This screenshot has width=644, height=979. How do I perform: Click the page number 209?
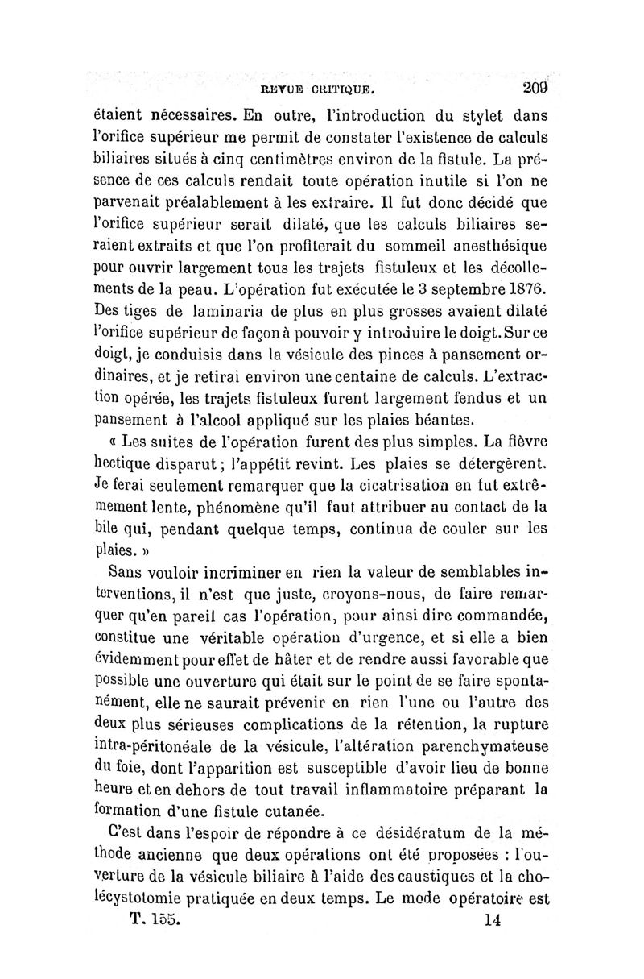tap(535, 88)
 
